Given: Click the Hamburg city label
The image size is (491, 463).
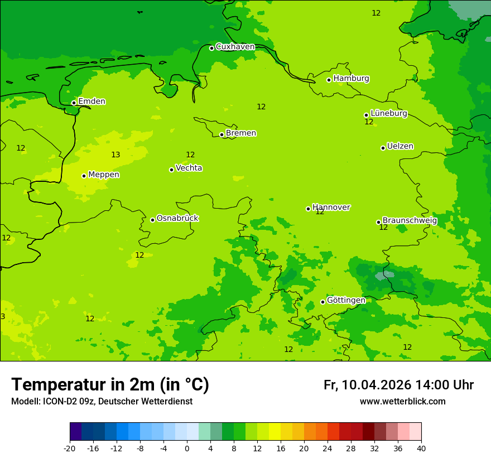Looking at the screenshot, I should (x=351, y=79).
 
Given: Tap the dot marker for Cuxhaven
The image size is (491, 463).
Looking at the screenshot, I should (x=211, y=48).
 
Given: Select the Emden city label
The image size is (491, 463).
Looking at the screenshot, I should (x=92, y=102).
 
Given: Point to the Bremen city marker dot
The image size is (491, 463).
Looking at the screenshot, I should (x=222, y=134).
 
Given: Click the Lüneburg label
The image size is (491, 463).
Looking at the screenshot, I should (x=388, y=113).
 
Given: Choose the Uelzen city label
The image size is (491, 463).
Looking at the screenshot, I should (x=400, y=146).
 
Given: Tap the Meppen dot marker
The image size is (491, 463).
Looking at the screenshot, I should (x=84, y=176).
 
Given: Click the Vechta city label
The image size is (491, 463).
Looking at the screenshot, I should (x=189, y=168).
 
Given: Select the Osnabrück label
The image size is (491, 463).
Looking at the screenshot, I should (x=177, y=218).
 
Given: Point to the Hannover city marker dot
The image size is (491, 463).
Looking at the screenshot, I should (x=308, y=209).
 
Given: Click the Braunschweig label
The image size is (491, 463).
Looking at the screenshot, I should (x=410, y=220).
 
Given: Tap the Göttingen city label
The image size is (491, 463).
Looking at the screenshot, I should (x=346, y=300).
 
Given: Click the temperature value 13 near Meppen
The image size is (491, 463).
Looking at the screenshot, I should (x=115, y=155).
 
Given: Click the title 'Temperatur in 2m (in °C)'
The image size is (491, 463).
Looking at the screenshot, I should (x=110, y=385).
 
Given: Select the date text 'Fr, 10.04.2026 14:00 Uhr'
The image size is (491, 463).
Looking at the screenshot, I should (x=398, y=385).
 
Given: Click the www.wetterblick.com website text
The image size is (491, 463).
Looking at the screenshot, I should (x=402, y=402).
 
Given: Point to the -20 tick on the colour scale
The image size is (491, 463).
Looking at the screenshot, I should (x=70, y=448).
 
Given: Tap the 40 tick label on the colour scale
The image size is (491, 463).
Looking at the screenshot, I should (x=421, y=448).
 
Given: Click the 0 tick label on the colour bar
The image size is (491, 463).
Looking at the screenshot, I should (x=187, y=448).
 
